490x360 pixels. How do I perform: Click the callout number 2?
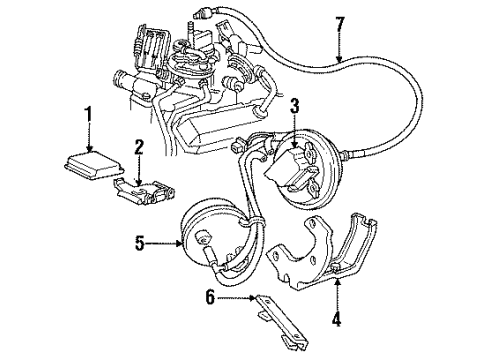[140, 147]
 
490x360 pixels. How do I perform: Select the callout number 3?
[294, 106]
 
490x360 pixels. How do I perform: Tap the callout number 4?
[337, 323]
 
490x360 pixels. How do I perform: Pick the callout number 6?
[208, 298]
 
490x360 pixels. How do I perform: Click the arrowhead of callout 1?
[90, 146]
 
